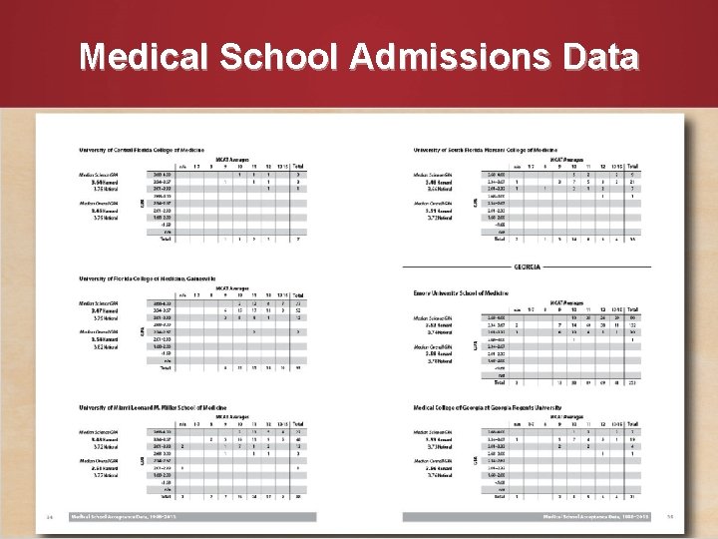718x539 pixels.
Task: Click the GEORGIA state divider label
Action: (527, 268)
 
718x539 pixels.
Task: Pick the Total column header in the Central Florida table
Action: (298, 166)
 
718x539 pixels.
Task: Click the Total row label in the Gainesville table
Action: (167, 368)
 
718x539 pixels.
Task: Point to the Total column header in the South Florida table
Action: (634, 166)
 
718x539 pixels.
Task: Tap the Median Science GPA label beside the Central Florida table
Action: (103, 175)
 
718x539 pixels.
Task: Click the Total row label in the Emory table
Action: (502, 382)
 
